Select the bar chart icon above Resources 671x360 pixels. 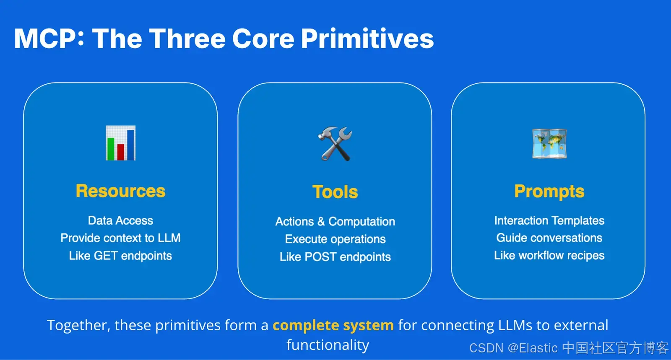(120, 143)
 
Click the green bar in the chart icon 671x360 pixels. (111, 149)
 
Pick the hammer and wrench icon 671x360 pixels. (335, 144)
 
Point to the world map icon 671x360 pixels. (549, 144)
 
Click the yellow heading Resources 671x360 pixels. (120, 191)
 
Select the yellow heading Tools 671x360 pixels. (335, 192)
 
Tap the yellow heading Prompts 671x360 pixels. (549, 192)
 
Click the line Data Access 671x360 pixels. (120, 220)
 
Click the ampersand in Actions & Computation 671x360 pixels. (321, 222)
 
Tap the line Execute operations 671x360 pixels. (335, 239)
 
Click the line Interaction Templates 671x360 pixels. (549, 220)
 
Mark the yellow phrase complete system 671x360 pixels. (333, 325)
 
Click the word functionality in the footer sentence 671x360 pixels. (328, 345)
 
